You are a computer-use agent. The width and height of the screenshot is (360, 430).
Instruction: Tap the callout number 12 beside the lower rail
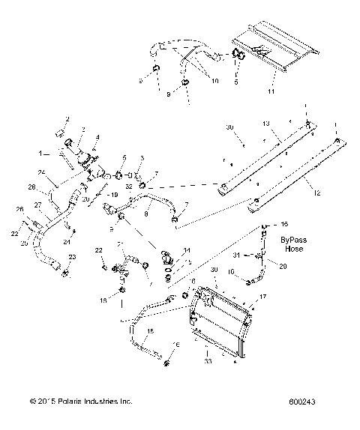[317, 193]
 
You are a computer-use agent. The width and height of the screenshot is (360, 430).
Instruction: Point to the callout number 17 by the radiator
[262, 298]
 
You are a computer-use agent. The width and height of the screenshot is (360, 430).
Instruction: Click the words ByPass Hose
[292, 243]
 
